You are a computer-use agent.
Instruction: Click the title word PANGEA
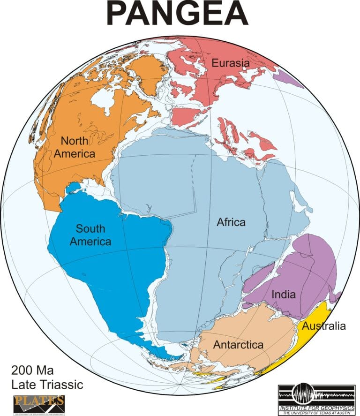point(177,14)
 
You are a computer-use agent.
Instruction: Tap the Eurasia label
point(230,62)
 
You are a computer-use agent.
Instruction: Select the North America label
point(78,147)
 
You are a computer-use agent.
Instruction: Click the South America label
point(94,235)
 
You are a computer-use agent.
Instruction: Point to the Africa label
point(231,222)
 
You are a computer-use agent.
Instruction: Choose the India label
point(284,295)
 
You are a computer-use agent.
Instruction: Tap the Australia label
point(324,325)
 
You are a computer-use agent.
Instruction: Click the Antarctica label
point(238,345)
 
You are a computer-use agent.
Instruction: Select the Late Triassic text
point(47,385)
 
